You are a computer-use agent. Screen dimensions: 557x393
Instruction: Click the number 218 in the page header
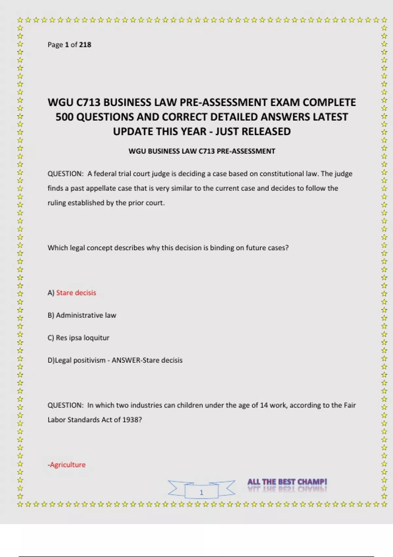click(85, 45)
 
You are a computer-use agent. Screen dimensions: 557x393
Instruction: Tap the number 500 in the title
click(64, 117)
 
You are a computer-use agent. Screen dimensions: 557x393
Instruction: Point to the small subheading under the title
click(202, 151)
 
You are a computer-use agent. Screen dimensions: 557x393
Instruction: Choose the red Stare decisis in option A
click(76, 293)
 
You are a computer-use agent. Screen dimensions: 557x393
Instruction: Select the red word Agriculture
click(67, 465)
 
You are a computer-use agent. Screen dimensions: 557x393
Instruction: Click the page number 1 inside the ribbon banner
click(201, 492)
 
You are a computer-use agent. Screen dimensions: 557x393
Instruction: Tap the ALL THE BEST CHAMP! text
click(287, 482)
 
